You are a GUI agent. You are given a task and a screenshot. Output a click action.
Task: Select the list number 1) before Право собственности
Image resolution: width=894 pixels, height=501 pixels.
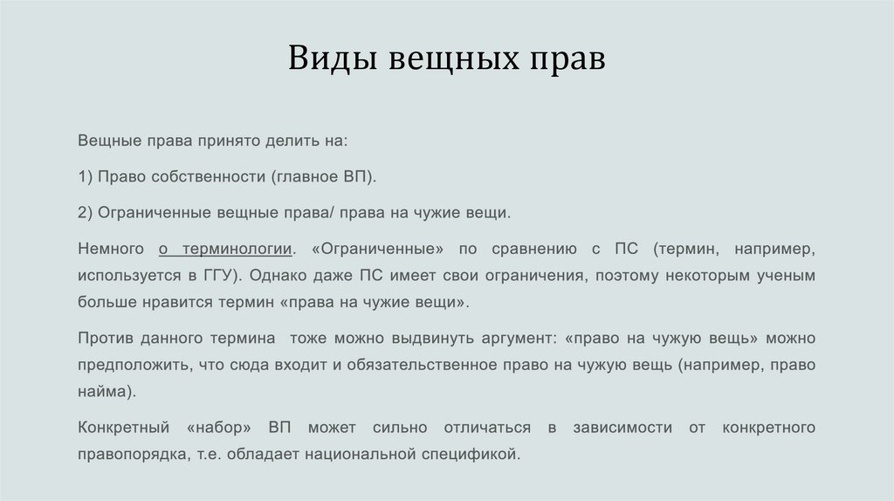[x=85, y=176]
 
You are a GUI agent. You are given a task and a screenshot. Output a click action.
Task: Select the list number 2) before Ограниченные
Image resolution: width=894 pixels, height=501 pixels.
[x=85, y=212]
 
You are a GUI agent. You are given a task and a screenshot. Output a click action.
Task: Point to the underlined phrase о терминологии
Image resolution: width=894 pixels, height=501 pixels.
[x=225, y=249]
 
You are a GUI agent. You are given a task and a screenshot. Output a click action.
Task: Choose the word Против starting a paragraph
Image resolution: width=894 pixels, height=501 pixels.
[x=104, y=338]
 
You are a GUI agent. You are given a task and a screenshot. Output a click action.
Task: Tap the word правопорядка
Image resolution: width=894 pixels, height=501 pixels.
[x=129, y=454]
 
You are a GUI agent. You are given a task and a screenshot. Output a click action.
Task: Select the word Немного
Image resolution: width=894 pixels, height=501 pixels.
[x=107, y=249]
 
